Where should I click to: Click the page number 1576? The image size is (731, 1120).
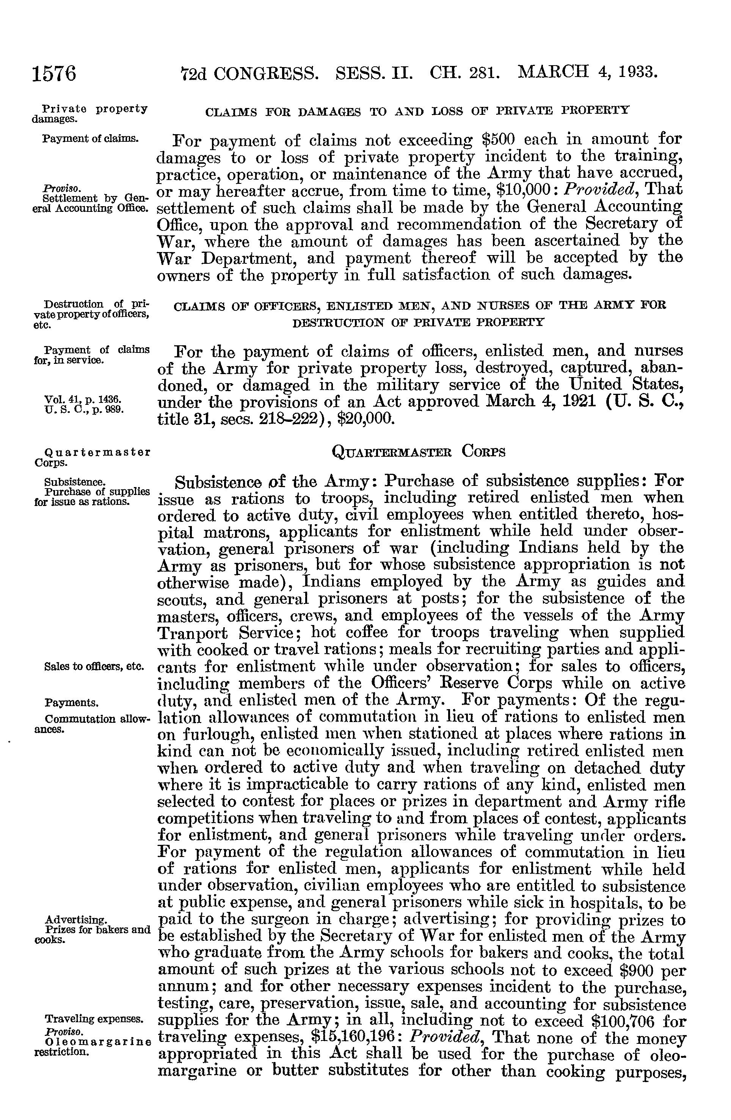pos(54,74)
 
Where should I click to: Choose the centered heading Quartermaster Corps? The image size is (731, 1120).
pos(419,452)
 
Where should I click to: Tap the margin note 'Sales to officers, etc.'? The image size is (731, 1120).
pos(94,667)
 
